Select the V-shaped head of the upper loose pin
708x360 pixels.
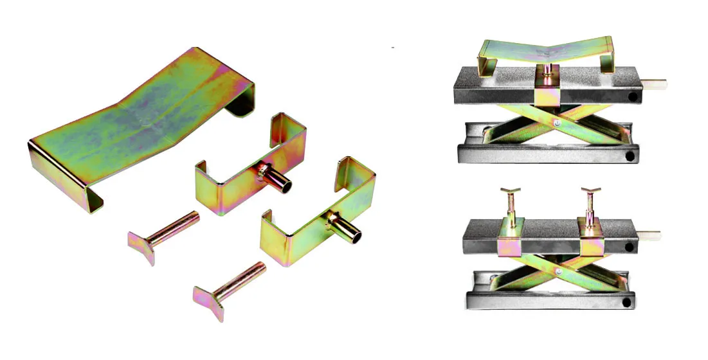pos(142,247)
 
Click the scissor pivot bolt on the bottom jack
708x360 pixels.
pos(560,274)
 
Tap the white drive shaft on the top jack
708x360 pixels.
pos(656,83)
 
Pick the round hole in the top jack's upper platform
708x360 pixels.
pos(633,97)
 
